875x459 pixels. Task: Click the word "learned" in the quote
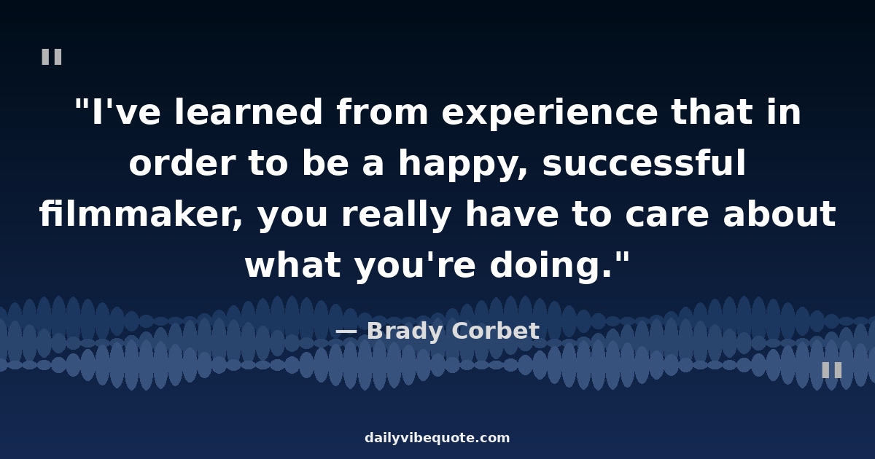tap(249, 112)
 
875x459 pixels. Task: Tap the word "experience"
tap(550, 114)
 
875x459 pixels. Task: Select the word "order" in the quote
tap(182, 163)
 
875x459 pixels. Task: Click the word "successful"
tap(644, 162)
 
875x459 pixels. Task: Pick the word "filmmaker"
tap(141, 214)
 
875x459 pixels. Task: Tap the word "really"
tap(397, 216)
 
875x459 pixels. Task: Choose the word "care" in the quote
tap(666, 216)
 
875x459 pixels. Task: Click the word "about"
tap(779, 214)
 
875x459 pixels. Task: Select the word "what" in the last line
tap(293, 264)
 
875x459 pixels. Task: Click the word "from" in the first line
tap(382, 112)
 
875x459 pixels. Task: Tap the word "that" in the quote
tap(712, 112)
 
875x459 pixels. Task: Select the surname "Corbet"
tap(496, 331)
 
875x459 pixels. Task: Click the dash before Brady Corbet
tap(346, 331)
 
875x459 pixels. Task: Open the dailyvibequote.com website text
tap(437, 438)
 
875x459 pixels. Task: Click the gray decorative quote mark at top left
tap(52, 57)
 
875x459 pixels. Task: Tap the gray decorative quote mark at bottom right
tap(832, 370)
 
